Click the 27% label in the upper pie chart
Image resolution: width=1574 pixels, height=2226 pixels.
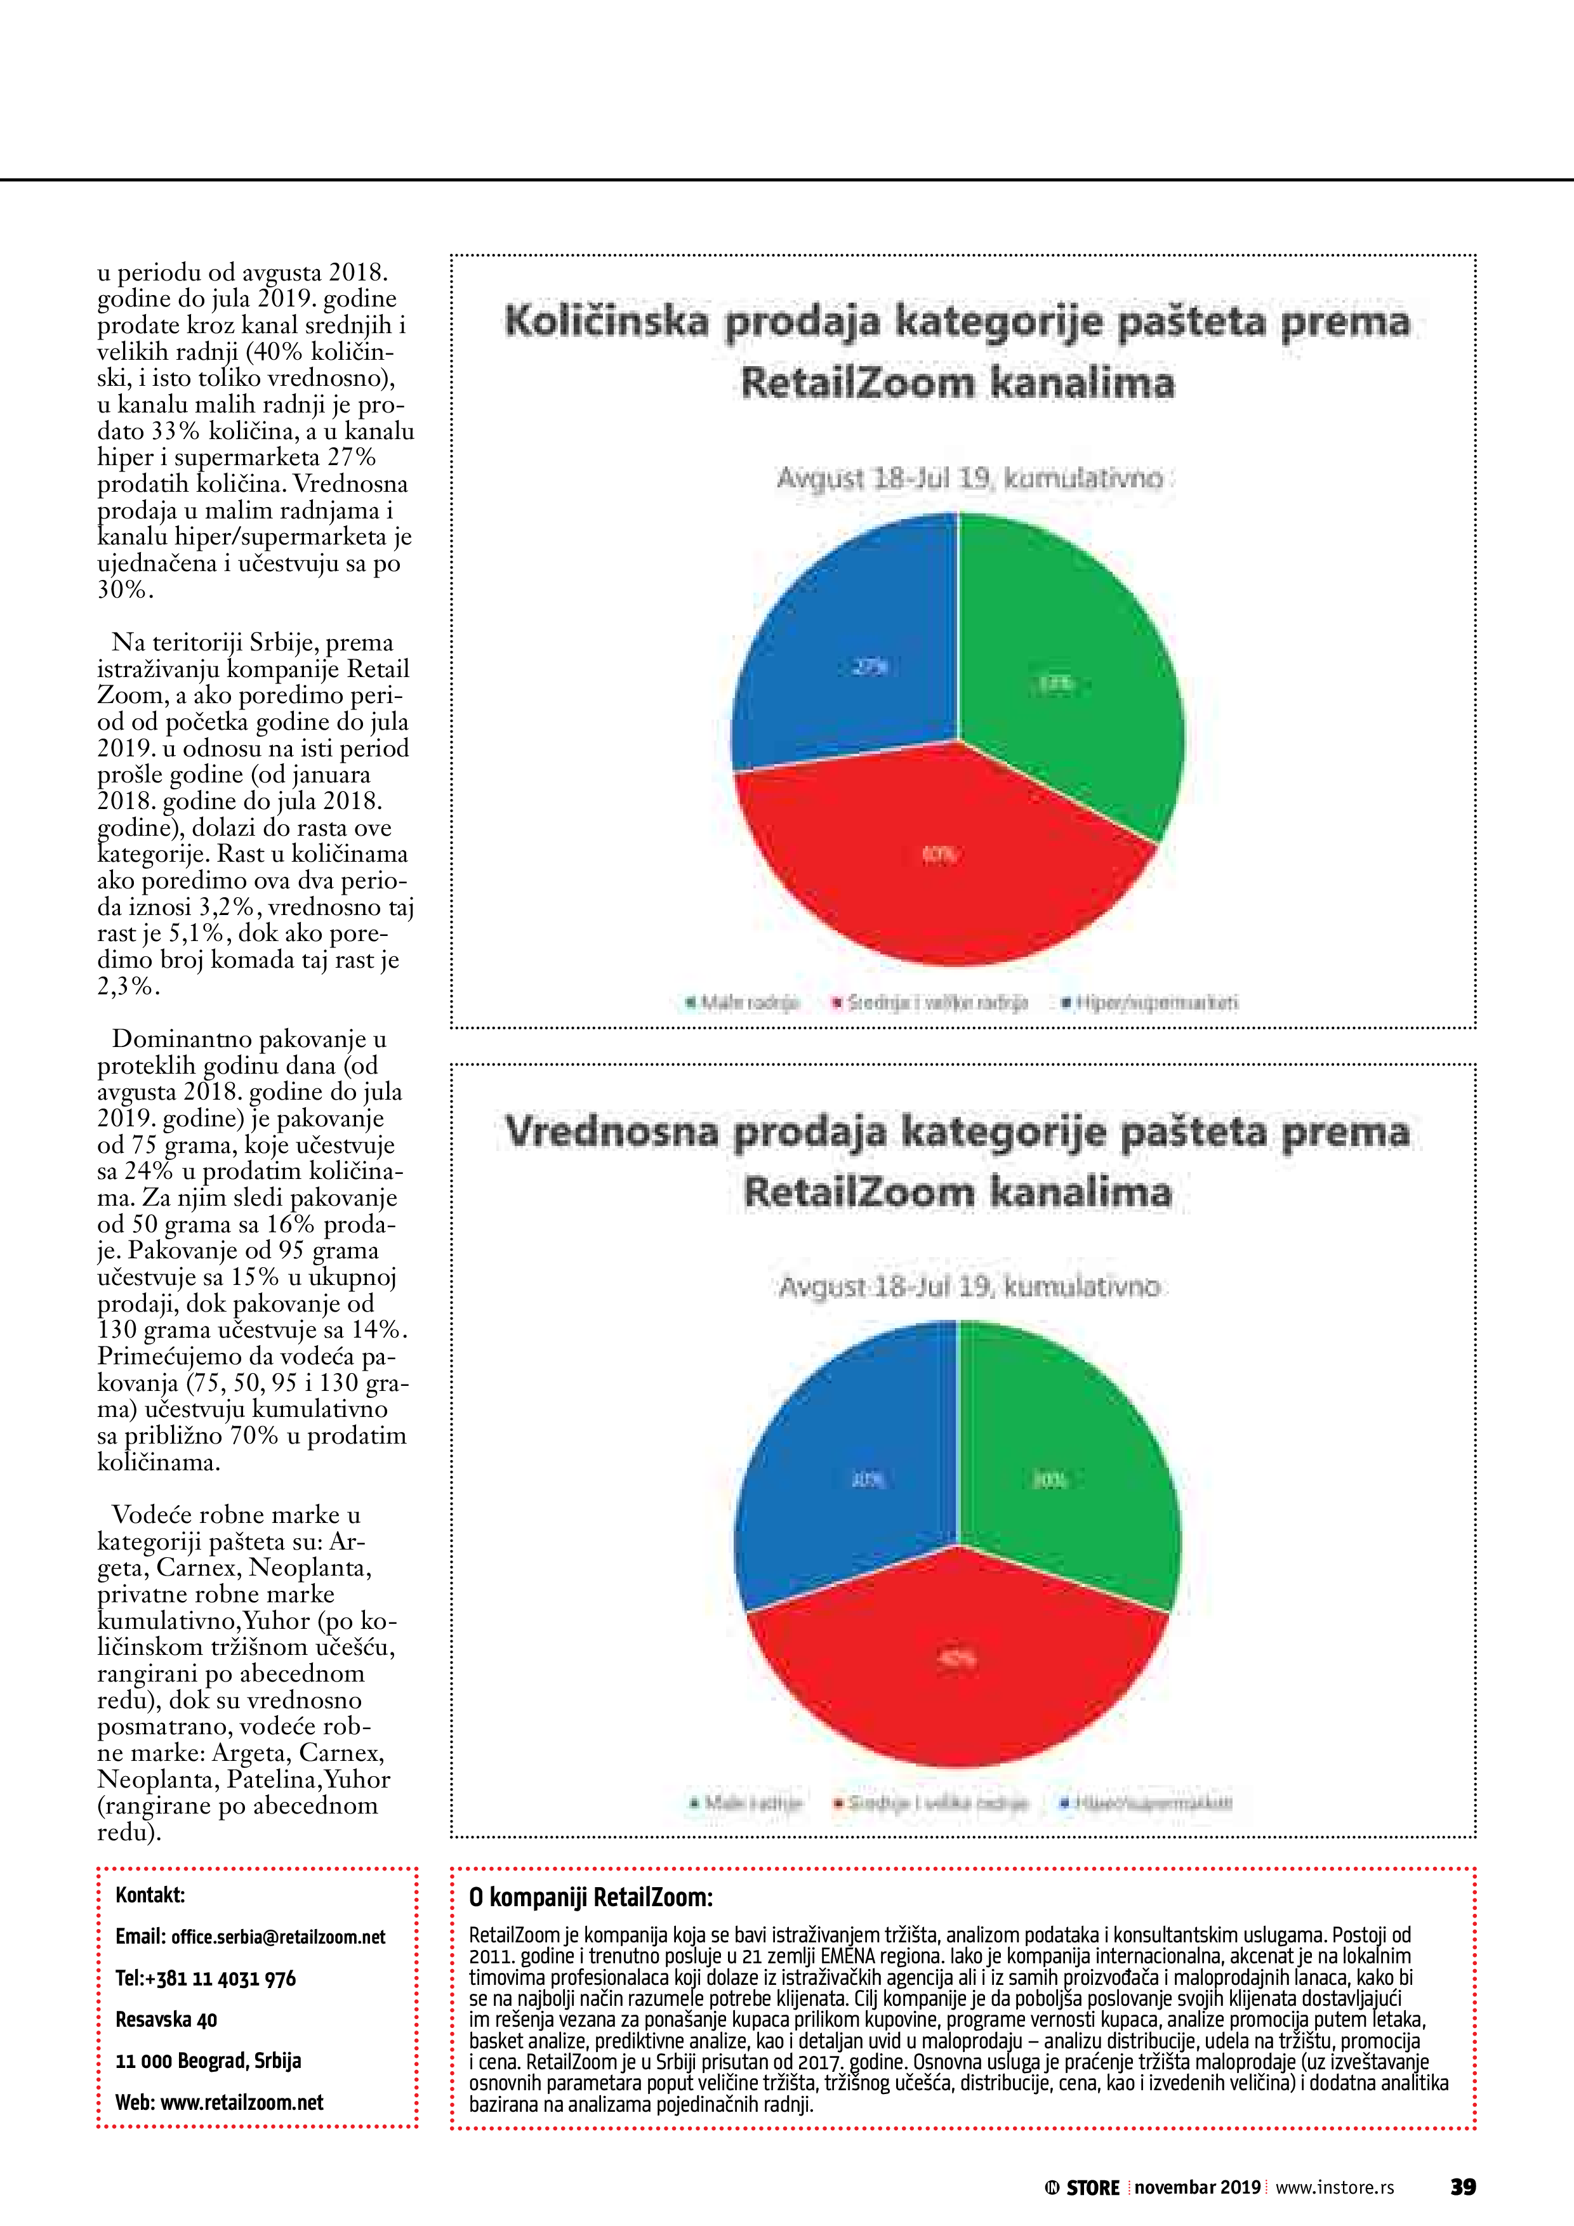(870, 667)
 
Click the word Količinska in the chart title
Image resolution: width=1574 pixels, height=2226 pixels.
(606, 322)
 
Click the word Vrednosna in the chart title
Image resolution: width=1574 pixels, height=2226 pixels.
(611, 1131)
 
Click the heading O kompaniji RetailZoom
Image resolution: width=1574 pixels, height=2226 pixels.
(591, 1897)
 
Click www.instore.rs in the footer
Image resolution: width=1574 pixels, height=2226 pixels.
(1335, 2187)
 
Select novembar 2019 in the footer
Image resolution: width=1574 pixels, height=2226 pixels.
(1197, 2187)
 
